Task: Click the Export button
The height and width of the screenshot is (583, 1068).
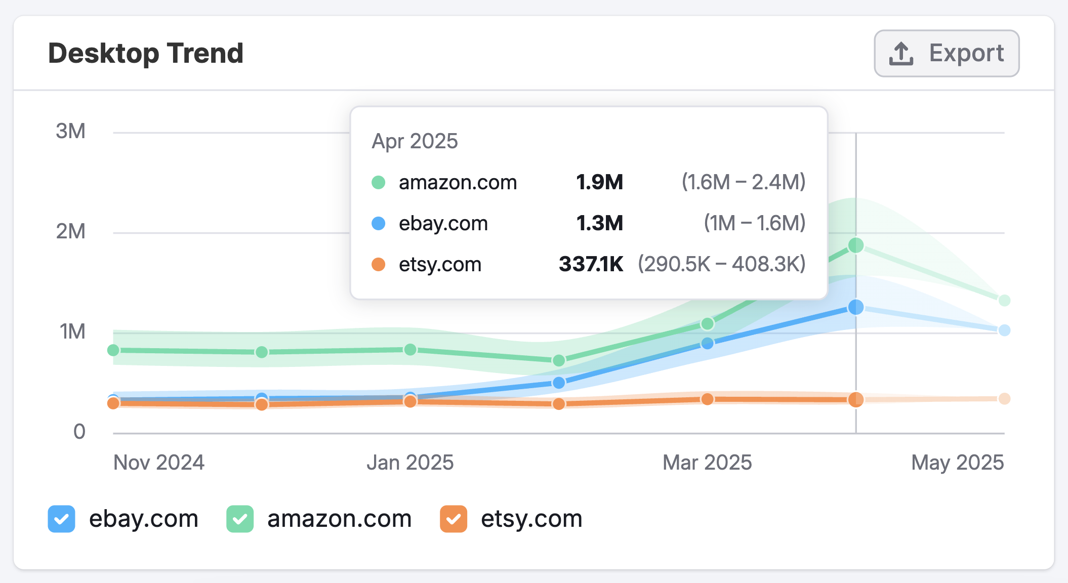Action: pos(947,53)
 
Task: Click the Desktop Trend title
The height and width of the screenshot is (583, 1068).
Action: pos(146,53)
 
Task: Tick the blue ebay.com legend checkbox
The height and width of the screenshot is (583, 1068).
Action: pos(61,519)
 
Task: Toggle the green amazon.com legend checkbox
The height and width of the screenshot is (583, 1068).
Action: pos(239,519)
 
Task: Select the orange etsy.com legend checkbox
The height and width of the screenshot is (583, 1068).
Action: pos(453,519)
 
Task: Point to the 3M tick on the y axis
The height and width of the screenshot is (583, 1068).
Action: pos(71,132)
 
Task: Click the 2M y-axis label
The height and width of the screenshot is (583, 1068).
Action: pos(71,232)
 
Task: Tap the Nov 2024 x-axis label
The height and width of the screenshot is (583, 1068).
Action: pos(158,463)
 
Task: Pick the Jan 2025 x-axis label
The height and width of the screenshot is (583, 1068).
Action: pos(410,463)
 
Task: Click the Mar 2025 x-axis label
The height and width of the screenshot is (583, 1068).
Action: pos(707,463)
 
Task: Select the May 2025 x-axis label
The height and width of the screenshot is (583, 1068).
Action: pos(957,463)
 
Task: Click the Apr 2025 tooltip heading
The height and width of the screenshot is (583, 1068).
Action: pos(415,141)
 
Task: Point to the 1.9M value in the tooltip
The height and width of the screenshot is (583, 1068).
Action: pos(599,182)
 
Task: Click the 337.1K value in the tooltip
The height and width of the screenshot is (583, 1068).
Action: pos(591,264)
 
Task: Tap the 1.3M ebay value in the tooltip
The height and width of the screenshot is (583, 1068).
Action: pos(599,223)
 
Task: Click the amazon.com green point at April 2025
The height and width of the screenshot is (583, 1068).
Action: pos(856,245)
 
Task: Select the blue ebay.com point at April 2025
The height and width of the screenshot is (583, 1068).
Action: pos(856,307)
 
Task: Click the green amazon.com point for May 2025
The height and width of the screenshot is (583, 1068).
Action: pos(1004,300)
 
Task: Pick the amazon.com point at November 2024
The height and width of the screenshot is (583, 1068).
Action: pos(113,350)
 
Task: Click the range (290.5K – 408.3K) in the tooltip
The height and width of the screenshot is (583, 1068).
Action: pos(721,264)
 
